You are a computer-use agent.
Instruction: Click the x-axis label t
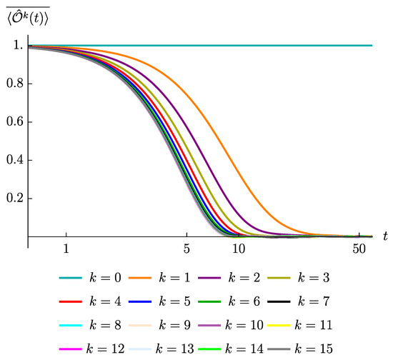point(384,235)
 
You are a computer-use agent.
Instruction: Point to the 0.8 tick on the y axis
point(14,84)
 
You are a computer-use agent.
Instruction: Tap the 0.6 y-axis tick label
point(14,121)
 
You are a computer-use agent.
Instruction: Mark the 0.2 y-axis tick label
point(14,198)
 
